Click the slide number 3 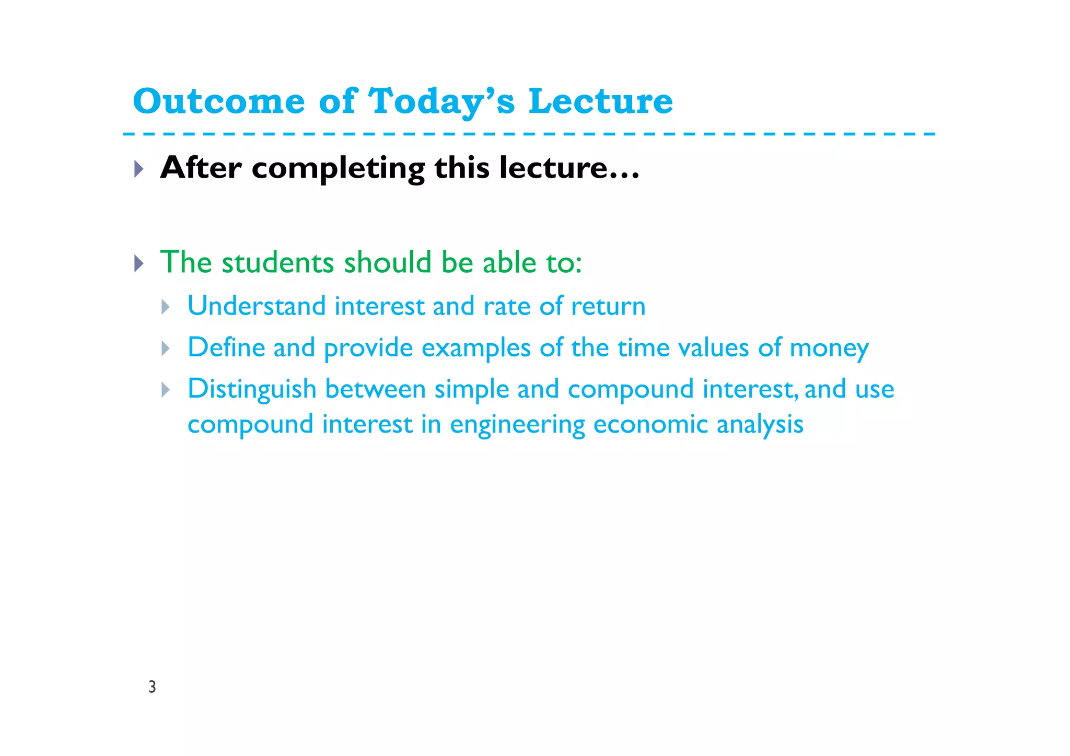(x=152, y=687)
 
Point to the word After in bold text (x=201, y=168)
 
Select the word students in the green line (x=277, y=262)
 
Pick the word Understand (x=257, y=306)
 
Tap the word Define (x=226, y=347)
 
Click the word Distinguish (x=252, y=390)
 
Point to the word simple (x=471, y=390)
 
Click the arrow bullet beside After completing (x=138, y=169)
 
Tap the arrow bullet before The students (x=138, y=263)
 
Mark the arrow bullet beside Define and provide (x=166, y=348)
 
